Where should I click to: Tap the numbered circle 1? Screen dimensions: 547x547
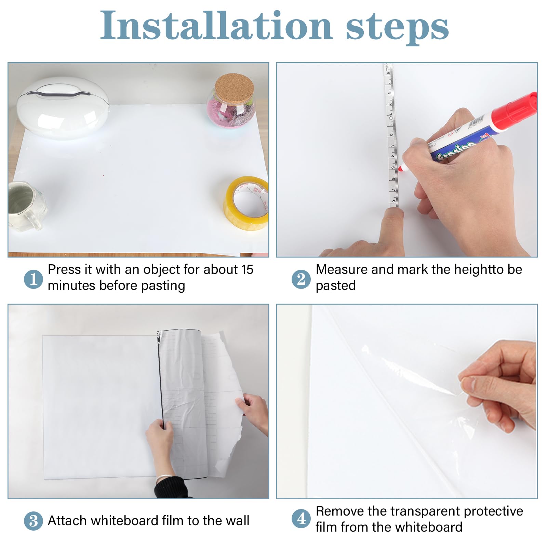pos(33,279)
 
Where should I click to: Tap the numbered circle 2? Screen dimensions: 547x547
pos(301,279)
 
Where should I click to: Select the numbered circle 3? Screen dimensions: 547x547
pos(33,521)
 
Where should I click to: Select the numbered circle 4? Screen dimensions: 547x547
pos(301,519)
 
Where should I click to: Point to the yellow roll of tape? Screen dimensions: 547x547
pos(246,203)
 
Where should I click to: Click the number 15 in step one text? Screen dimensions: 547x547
pos(247,269)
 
